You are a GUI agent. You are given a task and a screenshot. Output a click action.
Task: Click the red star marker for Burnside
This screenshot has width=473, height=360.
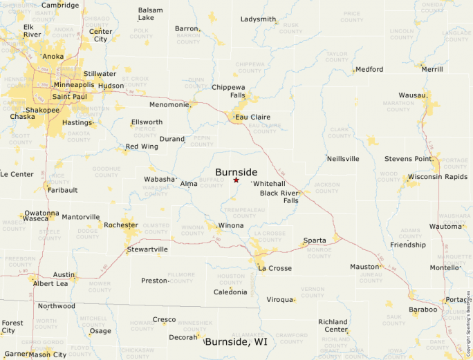tap(236, 180)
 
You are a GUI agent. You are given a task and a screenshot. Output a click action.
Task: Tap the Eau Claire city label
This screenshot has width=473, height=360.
tap(252, 117)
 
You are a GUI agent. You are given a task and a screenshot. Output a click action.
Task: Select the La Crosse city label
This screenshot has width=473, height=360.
tap(275, 268)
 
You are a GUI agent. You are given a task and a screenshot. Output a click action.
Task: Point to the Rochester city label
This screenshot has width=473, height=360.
tap(120, 225)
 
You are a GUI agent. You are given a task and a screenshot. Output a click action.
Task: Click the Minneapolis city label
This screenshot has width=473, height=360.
tap(74, 85)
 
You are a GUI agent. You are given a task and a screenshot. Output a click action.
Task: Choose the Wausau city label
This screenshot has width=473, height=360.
tap(413, 95)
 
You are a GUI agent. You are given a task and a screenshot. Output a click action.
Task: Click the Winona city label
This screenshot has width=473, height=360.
tap(230, 226)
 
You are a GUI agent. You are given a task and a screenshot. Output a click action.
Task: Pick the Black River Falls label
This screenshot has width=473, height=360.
tap(279, 196)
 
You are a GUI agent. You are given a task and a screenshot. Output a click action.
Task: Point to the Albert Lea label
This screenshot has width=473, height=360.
tap(50, 284)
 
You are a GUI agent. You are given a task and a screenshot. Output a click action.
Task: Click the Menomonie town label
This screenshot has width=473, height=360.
tap(169, 105)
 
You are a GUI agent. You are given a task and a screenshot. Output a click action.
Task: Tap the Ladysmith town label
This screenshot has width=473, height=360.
tap(258, 19)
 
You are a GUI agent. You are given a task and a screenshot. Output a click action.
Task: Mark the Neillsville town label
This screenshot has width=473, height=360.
tap(343, 159)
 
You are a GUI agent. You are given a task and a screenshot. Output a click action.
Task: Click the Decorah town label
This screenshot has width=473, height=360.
tap(183, 337)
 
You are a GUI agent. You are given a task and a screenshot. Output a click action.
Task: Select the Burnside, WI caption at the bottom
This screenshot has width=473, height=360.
tap(236, 342)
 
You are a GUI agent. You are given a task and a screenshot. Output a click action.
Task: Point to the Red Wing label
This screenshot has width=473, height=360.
tap(141, 146)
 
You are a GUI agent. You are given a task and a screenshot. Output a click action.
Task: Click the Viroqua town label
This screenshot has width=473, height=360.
tap(280, 300)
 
